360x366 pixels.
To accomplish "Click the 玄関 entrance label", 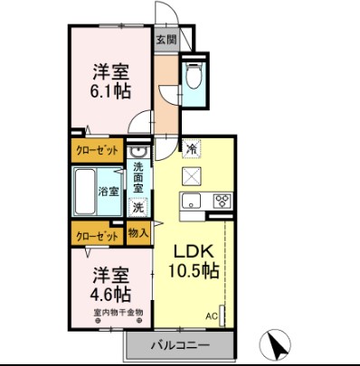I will (x=166, y=39).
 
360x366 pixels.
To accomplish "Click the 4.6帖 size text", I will (x=109, y=296).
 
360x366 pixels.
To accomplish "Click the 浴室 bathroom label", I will (x=110, y=191).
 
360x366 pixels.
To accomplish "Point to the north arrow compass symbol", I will (x=279, y=344).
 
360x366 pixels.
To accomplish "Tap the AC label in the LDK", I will (x=212, y=316).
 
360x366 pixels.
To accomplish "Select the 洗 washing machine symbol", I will (x=137, y=207).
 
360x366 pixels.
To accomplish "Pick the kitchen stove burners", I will (x=220, y=200).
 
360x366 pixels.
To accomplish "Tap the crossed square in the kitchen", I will (x=192, y=174).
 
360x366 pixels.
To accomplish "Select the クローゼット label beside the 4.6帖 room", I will (x=97, y=234).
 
